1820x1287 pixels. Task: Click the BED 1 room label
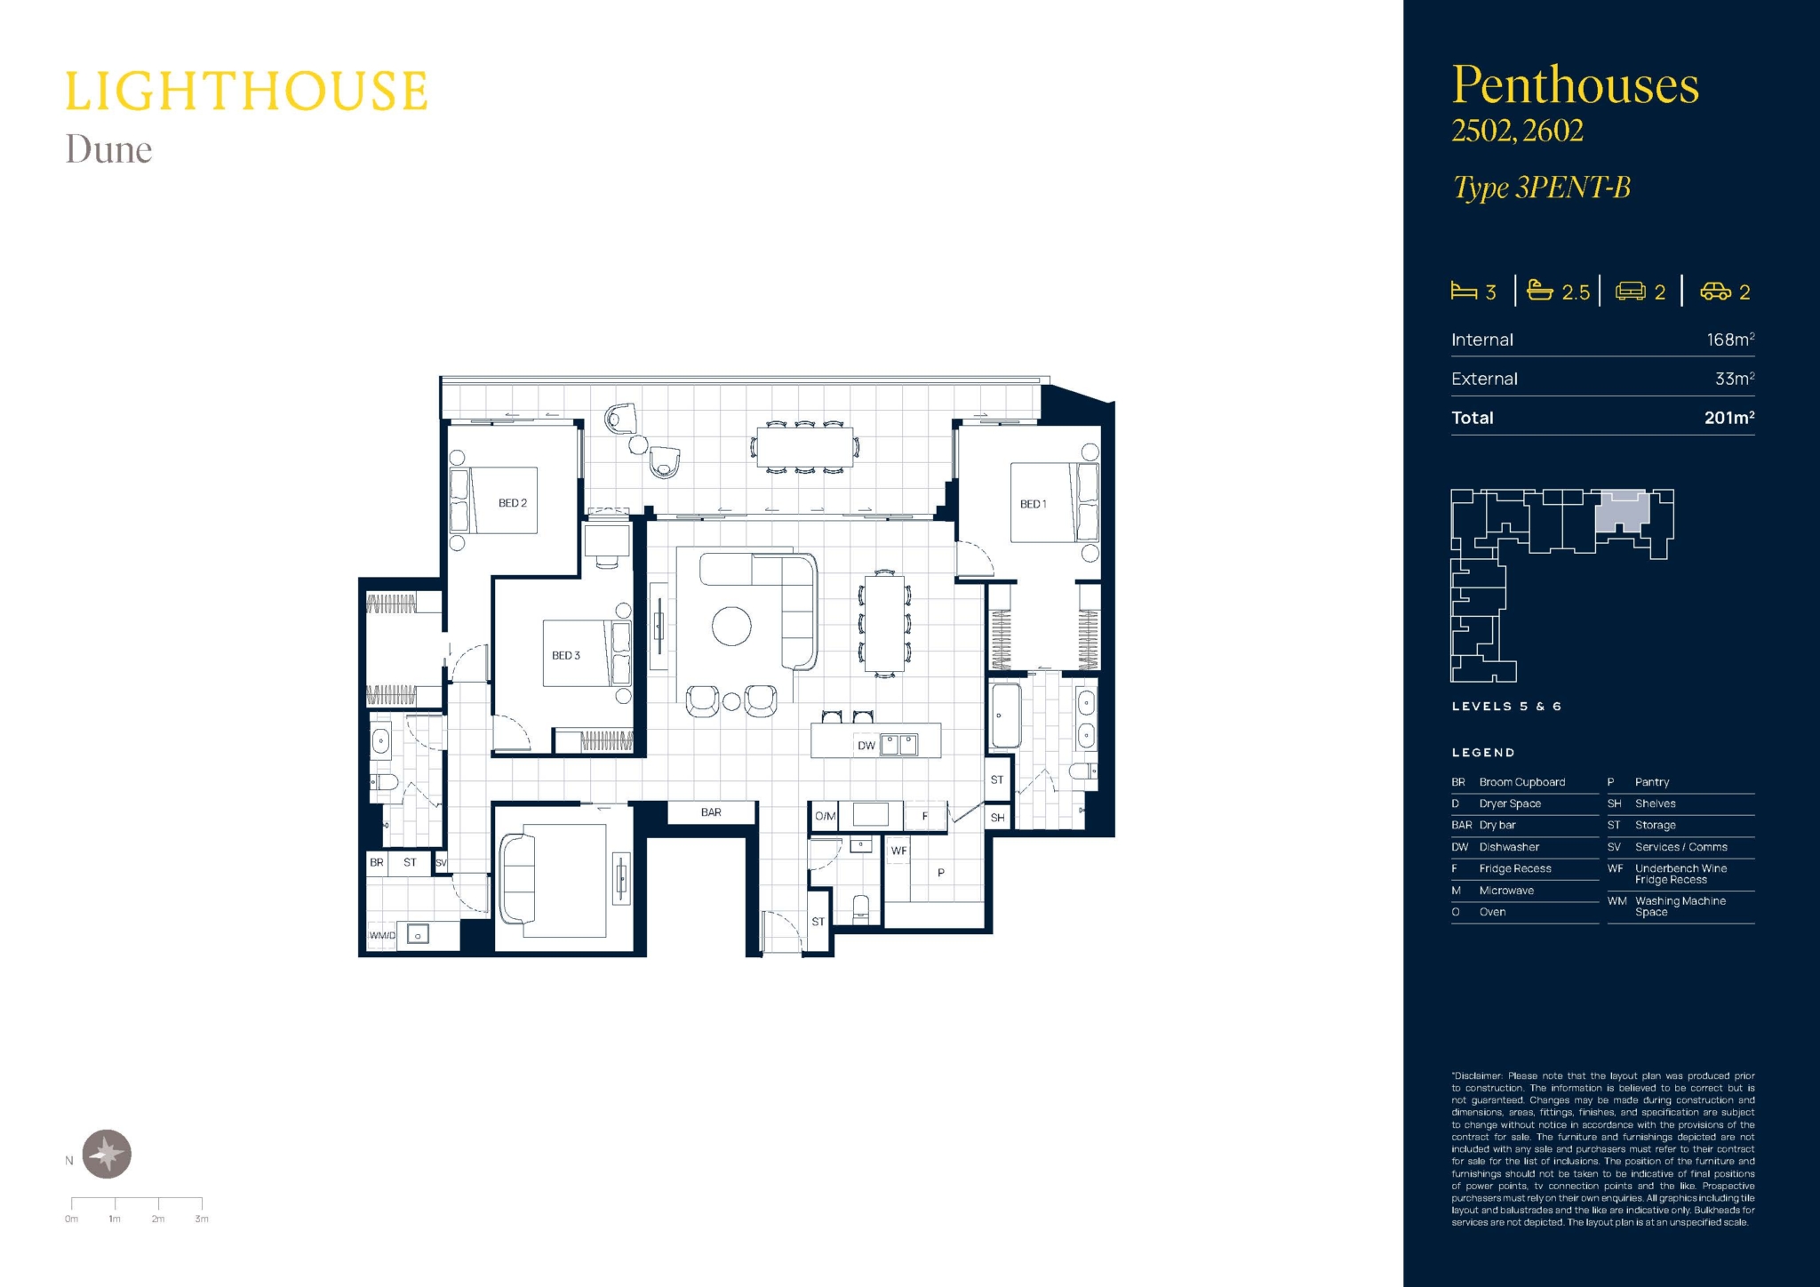pos(1033,504)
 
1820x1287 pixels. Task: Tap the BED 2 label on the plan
pos(513,503)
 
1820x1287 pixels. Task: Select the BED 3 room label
pos(566,655)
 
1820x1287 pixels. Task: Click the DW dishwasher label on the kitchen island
pos(866,746)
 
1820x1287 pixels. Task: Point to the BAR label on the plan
pos(711,812)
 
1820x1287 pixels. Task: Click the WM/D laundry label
pos(382,935)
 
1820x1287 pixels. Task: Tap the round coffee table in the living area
pos(731,627)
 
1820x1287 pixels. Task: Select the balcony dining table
pos(805,447)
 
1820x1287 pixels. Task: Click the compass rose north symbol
pos(108,1155)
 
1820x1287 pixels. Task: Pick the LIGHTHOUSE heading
pos(246,92)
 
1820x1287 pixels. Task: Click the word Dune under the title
pos(108,149)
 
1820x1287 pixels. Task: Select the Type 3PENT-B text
pos(1541,188)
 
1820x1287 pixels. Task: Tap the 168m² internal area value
pos(1730,340)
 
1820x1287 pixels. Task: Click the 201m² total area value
pos(1729,418)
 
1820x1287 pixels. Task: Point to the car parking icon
pos(1715,292)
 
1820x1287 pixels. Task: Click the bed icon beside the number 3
pos(1464,291)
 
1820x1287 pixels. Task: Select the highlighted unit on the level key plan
pos(1623,512)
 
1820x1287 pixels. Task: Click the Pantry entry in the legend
pos(1652,782)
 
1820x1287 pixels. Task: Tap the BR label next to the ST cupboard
pos(377,862)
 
